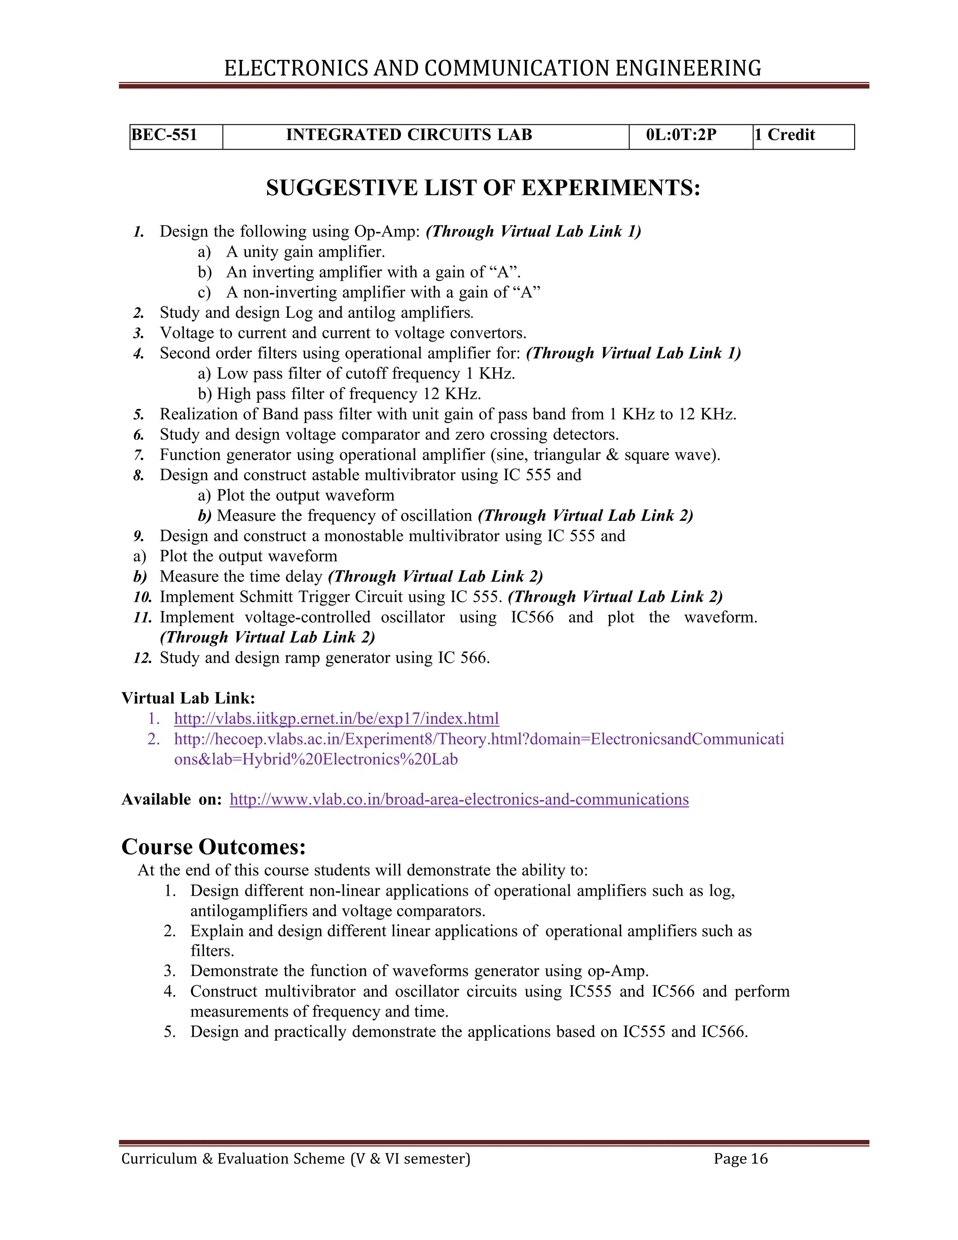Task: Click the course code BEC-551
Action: tap(164, 135)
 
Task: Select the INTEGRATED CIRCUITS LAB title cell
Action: tap(409, 135)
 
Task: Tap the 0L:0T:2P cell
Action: tap(681, 135)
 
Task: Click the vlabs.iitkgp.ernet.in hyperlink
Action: tap(336, 719)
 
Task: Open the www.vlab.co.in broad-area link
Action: tap(458, 799)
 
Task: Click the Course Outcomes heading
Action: tap(213, 847)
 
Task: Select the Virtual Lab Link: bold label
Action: tap(189, 698)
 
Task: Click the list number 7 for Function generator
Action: tap(139, 455)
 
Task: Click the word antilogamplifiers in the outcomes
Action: tap(248, 911)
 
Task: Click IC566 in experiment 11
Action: tap(532, 617)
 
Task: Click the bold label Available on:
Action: tap(171, 799)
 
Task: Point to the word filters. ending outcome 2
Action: tap(212, 951)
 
